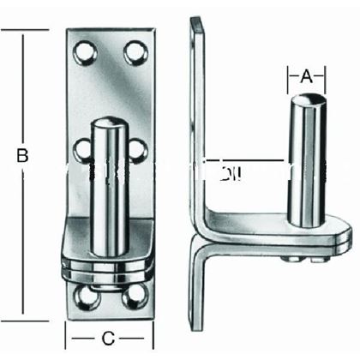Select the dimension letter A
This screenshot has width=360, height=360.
(x=306, y=76)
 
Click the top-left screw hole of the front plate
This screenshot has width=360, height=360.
(x=86, y=57)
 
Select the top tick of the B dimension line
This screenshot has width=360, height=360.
(x=23, y=30)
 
